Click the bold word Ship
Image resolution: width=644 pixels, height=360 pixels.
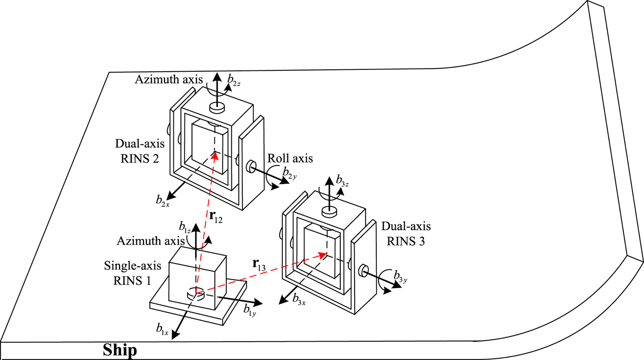pos(120,350)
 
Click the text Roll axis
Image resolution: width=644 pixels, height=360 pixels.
pos(290,159)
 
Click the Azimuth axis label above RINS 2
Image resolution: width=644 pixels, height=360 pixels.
pos(169,80)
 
